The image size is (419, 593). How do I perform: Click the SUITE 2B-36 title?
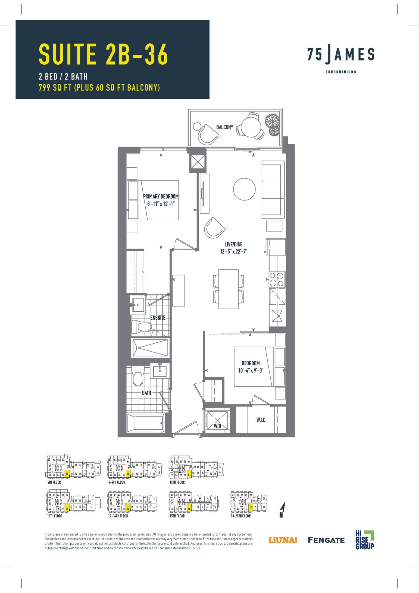(103, 54)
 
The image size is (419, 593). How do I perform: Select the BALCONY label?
(225, 127)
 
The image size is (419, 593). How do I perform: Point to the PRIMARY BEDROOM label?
(161, 196)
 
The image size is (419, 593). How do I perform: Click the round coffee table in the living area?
(244, 189)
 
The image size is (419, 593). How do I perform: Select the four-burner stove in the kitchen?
(277, 279)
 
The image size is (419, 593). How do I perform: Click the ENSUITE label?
(158, 317)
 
